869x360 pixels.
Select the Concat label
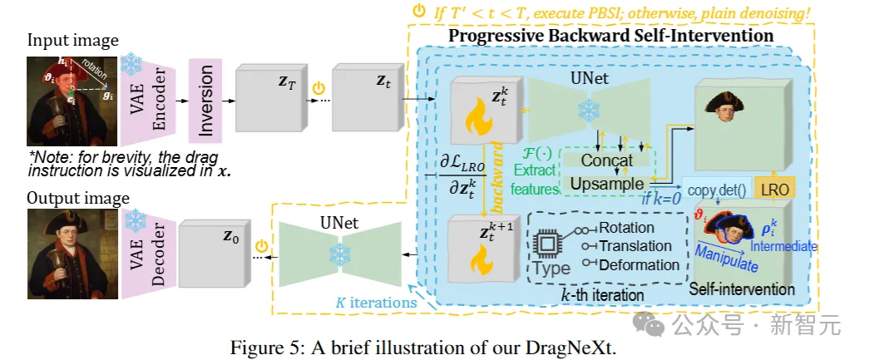tap(608, 160)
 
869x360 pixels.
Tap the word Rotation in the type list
tap(625, 227)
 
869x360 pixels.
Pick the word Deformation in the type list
tap(639, 264)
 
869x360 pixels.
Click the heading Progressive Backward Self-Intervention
tap(611, 37)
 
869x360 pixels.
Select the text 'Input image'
tap(72, 40)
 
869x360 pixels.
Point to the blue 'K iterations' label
tap(375, 303)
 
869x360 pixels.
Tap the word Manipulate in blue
tap(727, 255)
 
